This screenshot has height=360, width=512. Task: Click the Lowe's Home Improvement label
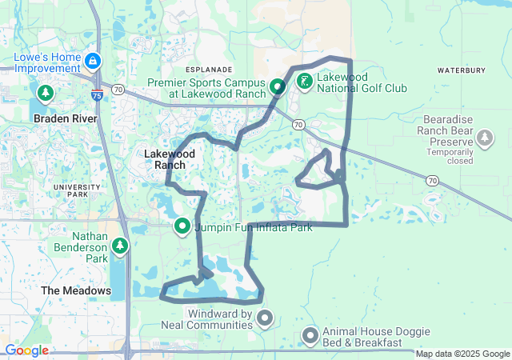pyautogui.click(x=48, y=64)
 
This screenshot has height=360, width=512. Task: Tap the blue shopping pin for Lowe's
pyautogui.click(x=94, y=61)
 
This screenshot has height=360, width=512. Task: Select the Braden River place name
pyautogui.click(x=65, y=118)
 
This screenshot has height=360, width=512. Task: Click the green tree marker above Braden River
pyautogui.click(x=45, y=94)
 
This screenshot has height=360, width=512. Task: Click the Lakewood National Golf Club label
pyautogui.click(x=362, y=82)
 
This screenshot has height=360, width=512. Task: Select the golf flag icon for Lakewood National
pyautogui.click(x=305, y=81)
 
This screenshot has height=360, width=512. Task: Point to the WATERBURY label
pyautogui.click(x=462, y=70)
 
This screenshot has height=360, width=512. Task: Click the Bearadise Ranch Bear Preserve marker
pyautogui.click(x=485, y=139)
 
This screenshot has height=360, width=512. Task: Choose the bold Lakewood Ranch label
pyautogui.click(x=165, y=158)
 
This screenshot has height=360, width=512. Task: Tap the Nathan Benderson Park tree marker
pyautogui.click(x=120, y=245)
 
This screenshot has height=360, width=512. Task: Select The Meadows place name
pyautogui.click(x=76, y=290)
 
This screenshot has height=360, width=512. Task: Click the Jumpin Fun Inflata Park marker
pyautogui.click(x=182, y=227)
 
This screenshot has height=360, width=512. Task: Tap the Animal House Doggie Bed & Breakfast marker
pyautogui.click(x=310, y=336)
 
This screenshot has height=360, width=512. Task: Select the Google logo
pyautogui.click(x=26, y=350)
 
